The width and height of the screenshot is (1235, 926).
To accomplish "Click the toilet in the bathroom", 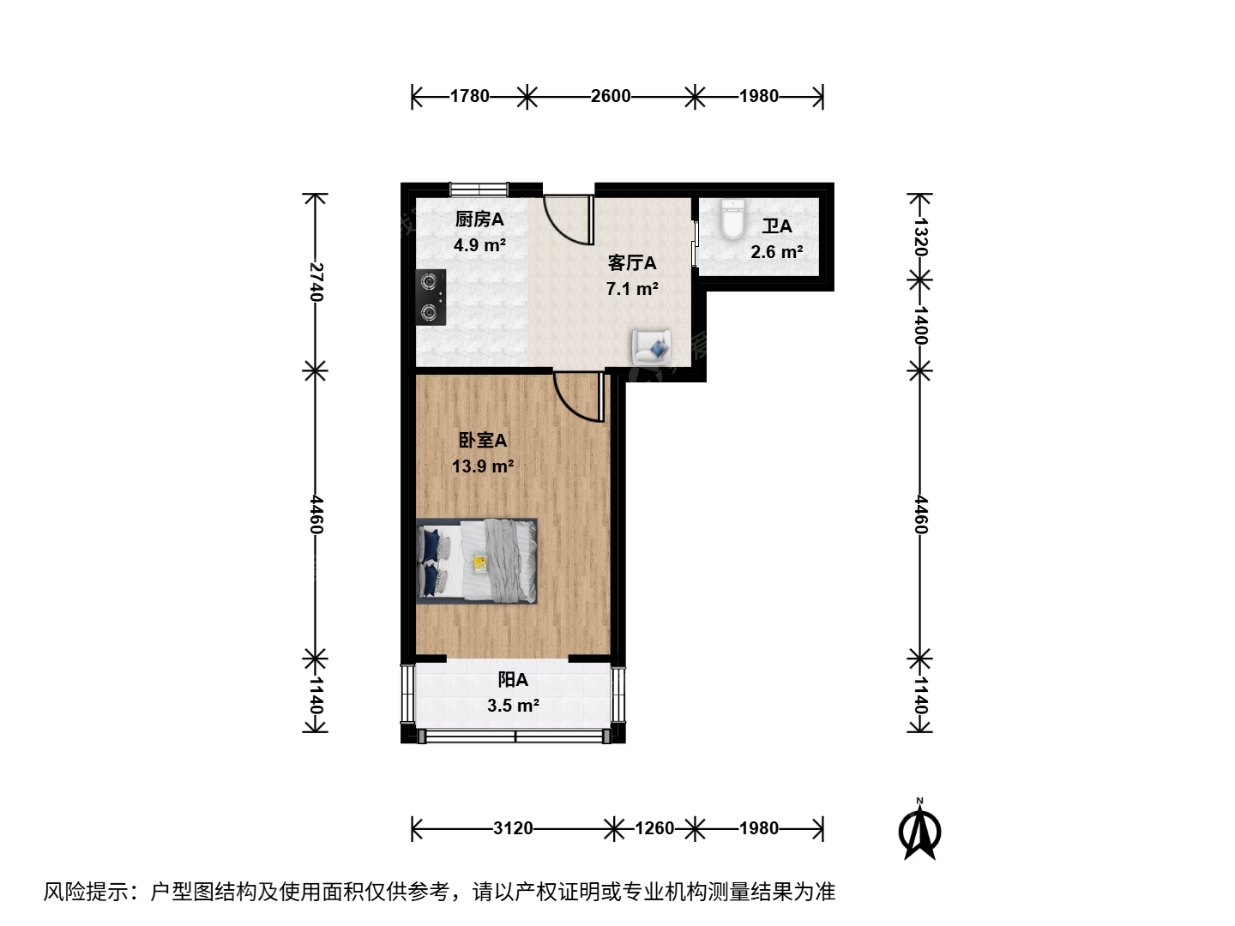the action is point(732,219).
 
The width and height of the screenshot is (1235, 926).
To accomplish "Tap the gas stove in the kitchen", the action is point(431,298).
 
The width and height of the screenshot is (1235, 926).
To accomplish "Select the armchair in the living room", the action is point(652,347).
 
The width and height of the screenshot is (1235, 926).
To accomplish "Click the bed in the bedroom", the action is point(477,561).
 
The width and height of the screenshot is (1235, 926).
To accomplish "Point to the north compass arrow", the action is point(919,831).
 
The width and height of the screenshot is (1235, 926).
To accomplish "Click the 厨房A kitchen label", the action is point(479,219).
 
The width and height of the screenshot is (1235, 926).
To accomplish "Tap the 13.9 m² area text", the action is point(483,466).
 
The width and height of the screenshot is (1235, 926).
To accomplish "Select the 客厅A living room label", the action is point(632,263).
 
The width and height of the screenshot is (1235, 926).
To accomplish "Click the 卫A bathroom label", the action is point(777,226).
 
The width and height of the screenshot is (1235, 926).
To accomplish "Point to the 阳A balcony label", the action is point(513,680).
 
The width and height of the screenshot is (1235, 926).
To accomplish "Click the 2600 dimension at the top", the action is point(611,96).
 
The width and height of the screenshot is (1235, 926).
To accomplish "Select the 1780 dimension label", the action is point(470,96).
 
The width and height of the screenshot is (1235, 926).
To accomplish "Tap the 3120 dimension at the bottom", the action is point(513,828).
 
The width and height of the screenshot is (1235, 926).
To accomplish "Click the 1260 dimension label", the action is point(654,828).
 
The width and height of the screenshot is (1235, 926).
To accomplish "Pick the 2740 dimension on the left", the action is point(316,282).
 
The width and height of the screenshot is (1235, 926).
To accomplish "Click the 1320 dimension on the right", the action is point(920,237).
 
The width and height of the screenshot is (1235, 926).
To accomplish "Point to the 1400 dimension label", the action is point(920,325).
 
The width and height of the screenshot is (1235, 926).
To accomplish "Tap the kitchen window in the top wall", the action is point(479,189).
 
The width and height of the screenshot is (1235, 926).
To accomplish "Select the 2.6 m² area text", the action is point(777,252).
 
